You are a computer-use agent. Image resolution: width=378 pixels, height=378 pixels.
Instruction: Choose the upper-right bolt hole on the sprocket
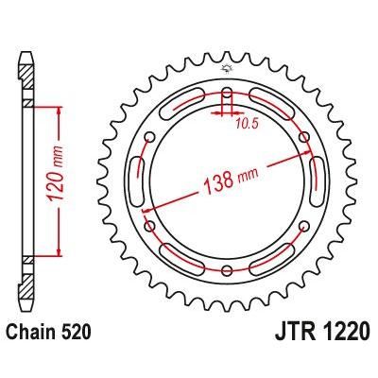click(304, 138)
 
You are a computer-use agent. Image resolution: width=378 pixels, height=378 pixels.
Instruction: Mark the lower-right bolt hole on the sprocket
click(304, 227)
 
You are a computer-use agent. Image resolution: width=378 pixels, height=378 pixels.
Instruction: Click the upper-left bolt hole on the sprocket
click(149, 138)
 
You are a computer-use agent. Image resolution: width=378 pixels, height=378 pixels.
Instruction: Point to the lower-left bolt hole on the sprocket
click(149, 227)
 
